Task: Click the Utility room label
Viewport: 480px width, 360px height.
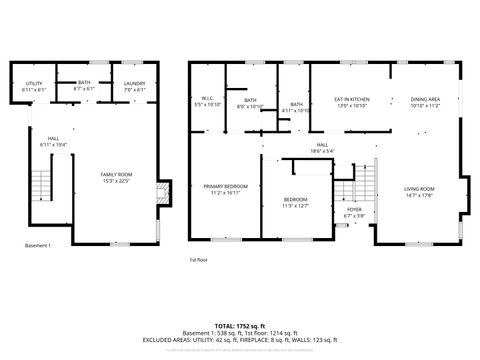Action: [x=33, y=84]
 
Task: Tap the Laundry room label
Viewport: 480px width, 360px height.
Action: [x=134, y=84]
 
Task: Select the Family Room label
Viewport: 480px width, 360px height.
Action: [x=116, y=175]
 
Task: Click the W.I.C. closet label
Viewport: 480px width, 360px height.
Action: [x=209, y=98]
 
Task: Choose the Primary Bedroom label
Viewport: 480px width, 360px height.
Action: [x=226, y=187]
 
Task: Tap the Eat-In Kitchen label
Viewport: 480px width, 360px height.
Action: [x=352, y=100]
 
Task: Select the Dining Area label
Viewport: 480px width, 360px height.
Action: [x=426, y=100]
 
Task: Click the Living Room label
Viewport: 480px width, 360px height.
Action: [x=419, y=189]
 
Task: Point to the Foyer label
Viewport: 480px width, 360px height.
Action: [x=355, y=209]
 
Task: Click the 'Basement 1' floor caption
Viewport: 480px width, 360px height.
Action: [x=38, y=245]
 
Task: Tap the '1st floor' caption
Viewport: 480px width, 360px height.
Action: [x=199, y=260]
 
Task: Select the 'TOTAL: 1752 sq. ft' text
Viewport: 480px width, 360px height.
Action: [x=239, y=325]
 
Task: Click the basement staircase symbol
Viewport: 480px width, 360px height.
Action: [x=41, y=186]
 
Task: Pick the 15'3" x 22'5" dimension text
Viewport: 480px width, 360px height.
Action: [x=116, y=181]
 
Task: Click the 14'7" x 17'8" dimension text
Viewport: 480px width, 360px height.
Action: [x=419, y=195]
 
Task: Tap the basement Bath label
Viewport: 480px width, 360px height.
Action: [x=84, y=84]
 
